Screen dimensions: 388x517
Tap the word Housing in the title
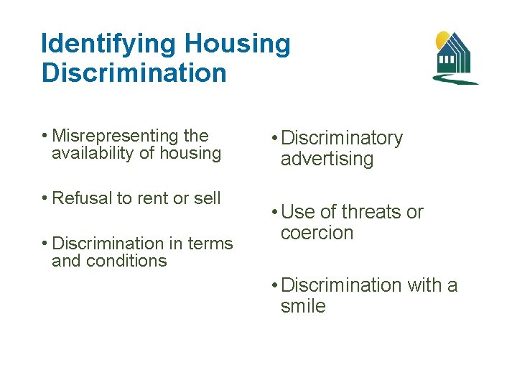(x=238, y=45)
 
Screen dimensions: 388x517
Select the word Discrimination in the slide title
(x=134, y=73)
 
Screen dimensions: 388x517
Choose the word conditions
(x=127, y=261)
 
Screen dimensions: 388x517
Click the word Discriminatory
(x=343, y=138)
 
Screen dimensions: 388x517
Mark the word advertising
(x=327, y=160)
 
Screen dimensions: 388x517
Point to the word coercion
(x=317, y=234)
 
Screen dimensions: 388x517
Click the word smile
(x=303, y=307)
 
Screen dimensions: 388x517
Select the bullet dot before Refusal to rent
(x=45, y=199)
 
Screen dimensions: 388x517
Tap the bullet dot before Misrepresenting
(x=45, y=137)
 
